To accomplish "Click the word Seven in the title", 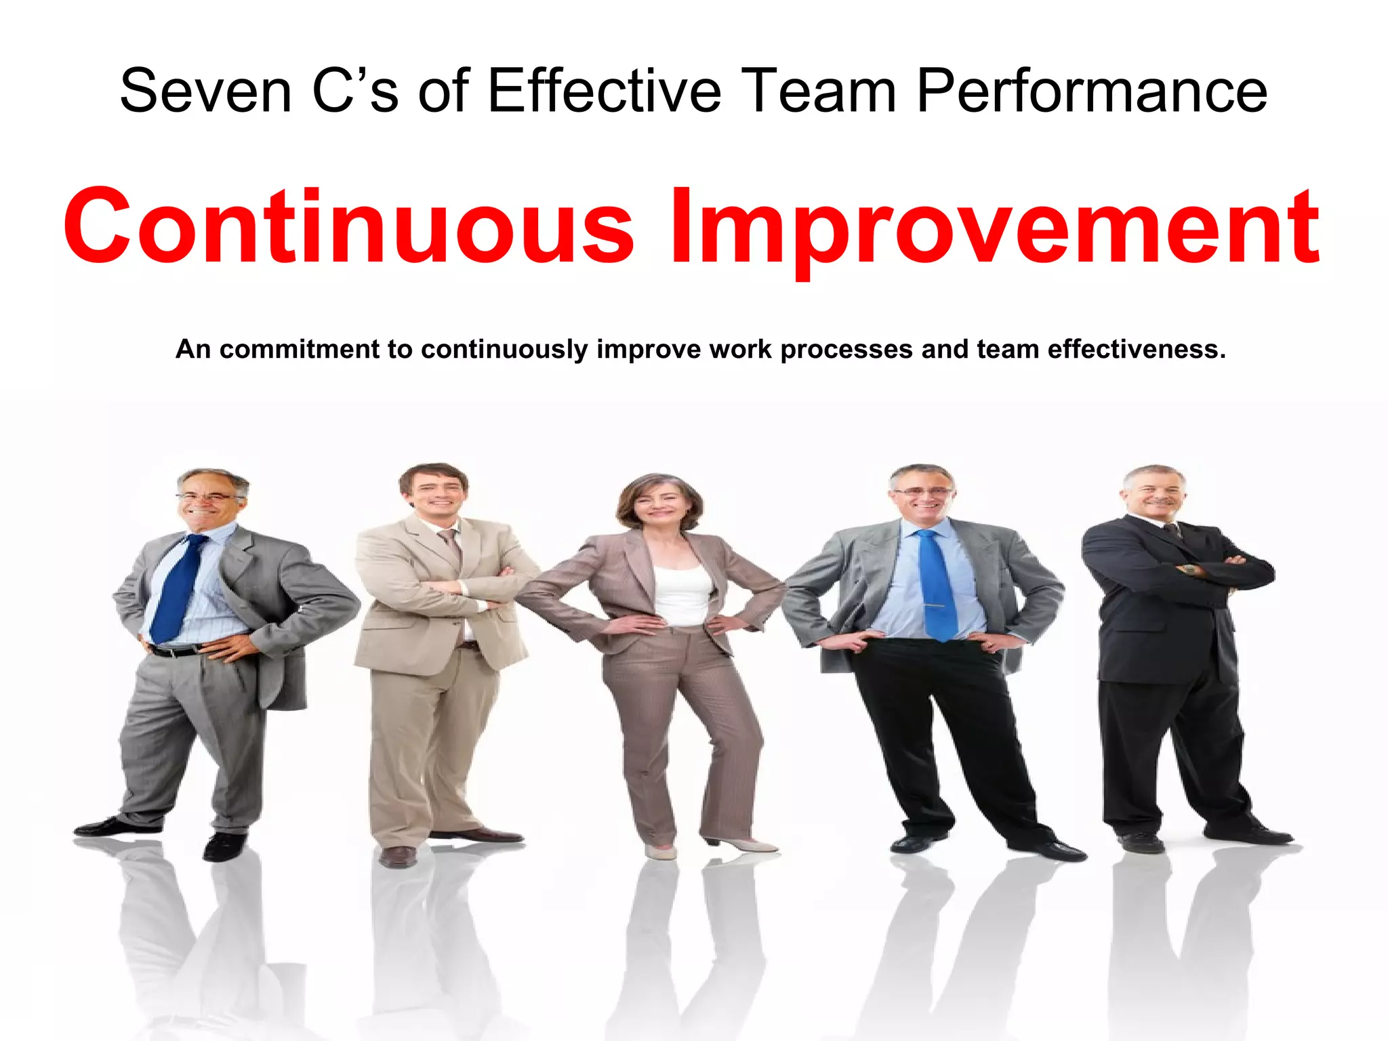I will pos(205,91).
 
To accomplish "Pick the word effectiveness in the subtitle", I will pos(1136,349).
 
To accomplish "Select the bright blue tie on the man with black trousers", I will pos(935,583).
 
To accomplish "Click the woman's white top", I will pos(682,594).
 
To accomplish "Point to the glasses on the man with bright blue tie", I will pos(922,491).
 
